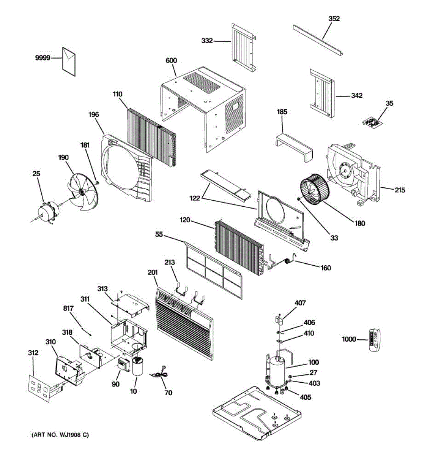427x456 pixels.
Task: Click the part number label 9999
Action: pos(43,58)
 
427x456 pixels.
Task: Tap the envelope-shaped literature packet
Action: pos(69,60)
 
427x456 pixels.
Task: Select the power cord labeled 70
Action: pos(159,375)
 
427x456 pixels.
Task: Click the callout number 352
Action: pos(334,19)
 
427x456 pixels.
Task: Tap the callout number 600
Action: pos(171,60)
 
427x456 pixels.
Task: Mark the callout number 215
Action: pos(400,190)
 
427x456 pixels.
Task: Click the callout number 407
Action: pos(300,303)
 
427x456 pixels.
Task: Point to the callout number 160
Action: pos(326,268)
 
